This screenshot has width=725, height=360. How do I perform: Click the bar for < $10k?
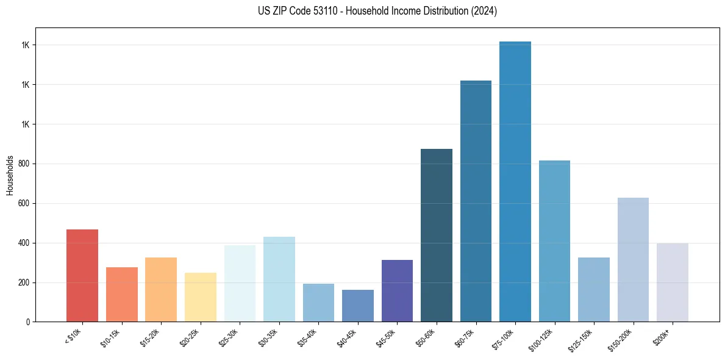[x=82, y=275]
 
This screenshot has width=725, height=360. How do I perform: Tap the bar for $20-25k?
[x=201, y=297]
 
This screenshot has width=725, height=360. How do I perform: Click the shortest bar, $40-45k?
[x=358, y=306]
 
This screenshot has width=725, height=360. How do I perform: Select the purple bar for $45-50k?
[x=397, y=290]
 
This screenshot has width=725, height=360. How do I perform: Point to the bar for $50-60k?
[x=437, y=235]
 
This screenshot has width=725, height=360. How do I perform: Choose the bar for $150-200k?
[x=633, y=259]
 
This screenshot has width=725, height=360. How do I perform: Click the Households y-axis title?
[x=10, y=175]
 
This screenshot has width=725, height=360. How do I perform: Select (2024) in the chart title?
[x=484, y=11]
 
